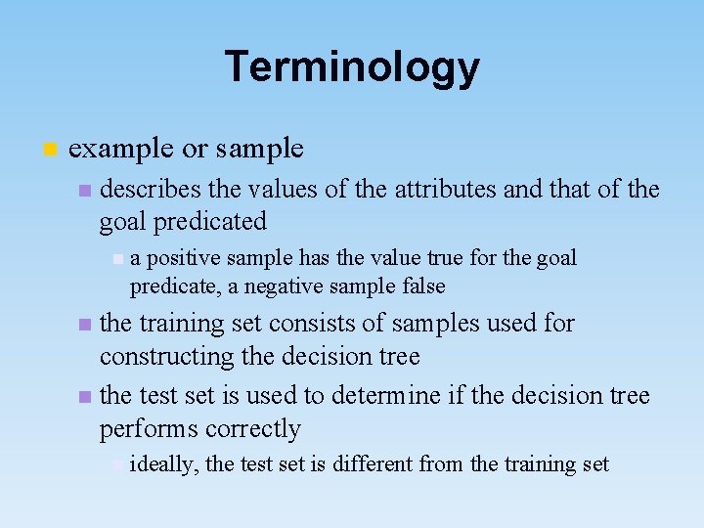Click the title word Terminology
click(352, 67)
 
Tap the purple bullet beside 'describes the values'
click(85, 190)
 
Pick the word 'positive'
click(180, 258)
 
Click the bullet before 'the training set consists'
click(85, 325)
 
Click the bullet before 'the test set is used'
click(85, 396)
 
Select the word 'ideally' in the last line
click(163, 464)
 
